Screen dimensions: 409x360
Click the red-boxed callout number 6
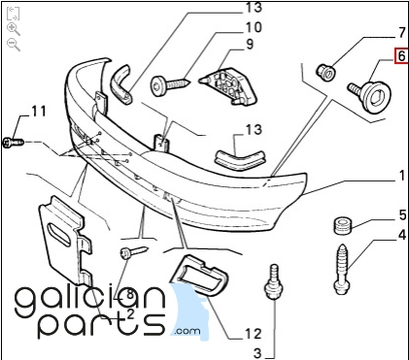(401, 55)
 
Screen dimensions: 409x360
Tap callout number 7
(401, 32)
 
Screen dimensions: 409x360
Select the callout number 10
(254, 27)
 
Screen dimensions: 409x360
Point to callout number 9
(250, 44)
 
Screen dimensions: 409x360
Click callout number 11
(39, 112)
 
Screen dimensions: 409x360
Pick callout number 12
(253, 334)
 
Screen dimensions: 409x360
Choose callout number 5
(402, 214)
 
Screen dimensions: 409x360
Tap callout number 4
(402, 235)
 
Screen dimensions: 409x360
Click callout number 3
(256, 353)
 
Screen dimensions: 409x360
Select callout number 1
(402, 176)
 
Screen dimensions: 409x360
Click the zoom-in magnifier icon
(14, 29)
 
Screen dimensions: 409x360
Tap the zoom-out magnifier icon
(14, 45)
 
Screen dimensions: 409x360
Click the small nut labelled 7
(325, 73)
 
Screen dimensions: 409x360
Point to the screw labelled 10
(170, 85)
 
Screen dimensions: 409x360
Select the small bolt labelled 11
(14, 143)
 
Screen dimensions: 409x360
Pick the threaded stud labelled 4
(343, 269)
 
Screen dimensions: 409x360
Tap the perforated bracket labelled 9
(228, 85)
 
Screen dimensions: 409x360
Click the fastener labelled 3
(275, 281)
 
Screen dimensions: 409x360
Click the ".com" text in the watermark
(187, 331)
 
